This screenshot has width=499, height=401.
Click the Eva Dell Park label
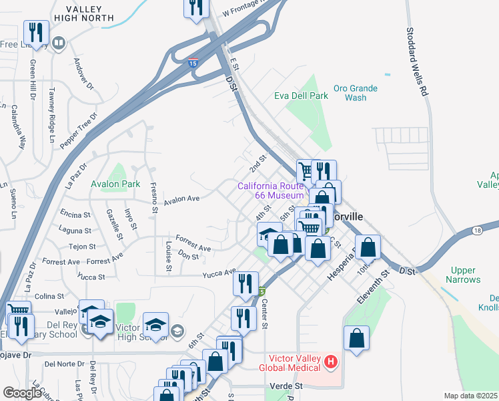point(301,96)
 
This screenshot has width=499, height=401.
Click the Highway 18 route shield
point(477,231)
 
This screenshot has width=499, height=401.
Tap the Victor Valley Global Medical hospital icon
point(330,362)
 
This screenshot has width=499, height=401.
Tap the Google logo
point(22,394)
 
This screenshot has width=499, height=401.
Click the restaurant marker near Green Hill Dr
point(35,32)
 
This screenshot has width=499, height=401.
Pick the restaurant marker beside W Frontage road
point(197,7)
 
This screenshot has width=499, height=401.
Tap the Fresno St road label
point(153,198)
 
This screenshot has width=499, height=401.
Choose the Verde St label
point(287,386)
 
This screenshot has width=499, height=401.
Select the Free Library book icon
point(59,44)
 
